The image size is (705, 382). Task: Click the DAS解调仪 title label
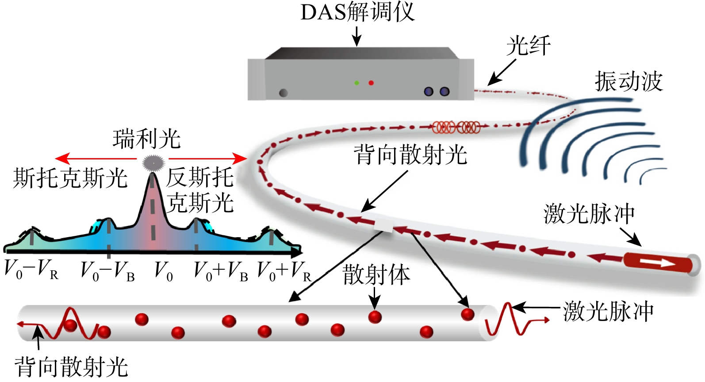pos(357,12)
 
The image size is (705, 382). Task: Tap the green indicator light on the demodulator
pos(356,83)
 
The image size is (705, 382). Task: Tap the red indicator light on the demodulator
pos(371,83)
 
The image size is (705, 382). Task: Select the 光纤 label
pos(529,45)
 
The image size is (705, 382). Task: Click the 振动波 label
pos(628,81)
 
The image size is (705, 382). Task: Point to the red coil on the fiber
pos(456,127)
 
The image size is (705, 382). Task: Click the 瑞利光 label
pos(147,139)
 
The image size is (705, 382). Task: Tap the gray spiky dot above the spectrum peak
pos(153,163)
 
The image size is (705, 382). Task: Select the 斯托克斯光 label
pos(70,178)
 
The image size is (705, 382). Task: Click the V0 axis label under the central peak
pos(164,271)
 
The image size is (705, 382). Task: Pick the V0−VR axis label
pos(31,270)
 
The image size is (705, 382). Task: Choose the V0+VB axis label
pos(221,271)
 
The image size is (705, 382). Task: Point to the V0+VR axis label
pos(284,271)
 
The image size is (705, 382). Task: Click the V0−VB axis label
pos(107,271)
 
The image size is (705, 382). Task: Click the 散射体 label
pos(376,274)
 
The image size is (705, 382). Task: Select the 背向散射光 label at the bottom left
pos(71,367)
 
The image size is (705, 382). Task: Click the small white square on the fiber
pos(383,226)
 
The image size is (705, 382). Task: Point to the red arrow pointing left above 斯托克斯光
pos(96,159)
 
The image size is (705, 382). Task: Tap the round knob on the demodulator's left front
pos(284,93)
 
